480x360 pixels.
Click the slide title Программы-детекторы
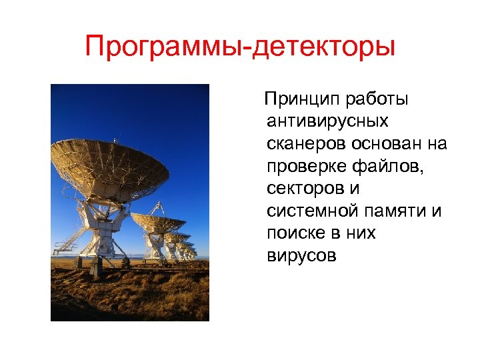[x=240, y=47]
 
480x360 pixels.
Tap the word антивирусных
[x=327, y=121]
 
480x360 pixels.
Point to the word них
[x=361, y=233]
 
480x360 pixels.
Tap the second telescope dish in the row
[x=158, y=222]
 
